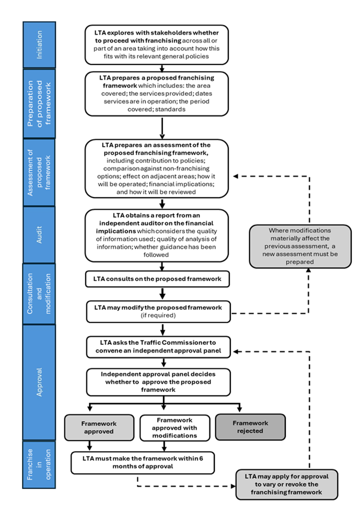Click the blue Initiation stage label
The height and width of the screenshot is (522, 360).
coord(39,45)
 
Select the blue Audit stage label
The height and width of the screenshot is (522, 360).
coord(39,234)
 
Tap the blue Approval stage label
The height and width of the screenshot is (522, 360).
coord(39,382)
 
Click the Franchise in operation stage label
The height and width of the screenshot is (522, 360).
coord(39,465)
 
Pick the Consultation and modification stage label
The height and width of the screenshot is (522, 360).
coord(39,293)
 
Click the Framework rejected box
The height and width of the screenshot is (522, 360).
coord(250,427)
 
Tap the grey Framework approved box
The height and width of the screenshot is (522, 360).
coord(99,427)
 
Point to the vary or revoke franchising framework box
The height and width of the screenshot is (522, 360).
coord(286,485)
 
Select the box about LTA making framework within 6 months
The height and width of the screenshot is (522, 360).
coord(143,462)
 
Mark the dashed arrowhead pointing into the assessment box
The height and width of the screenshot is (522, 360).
coord(236,176)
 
